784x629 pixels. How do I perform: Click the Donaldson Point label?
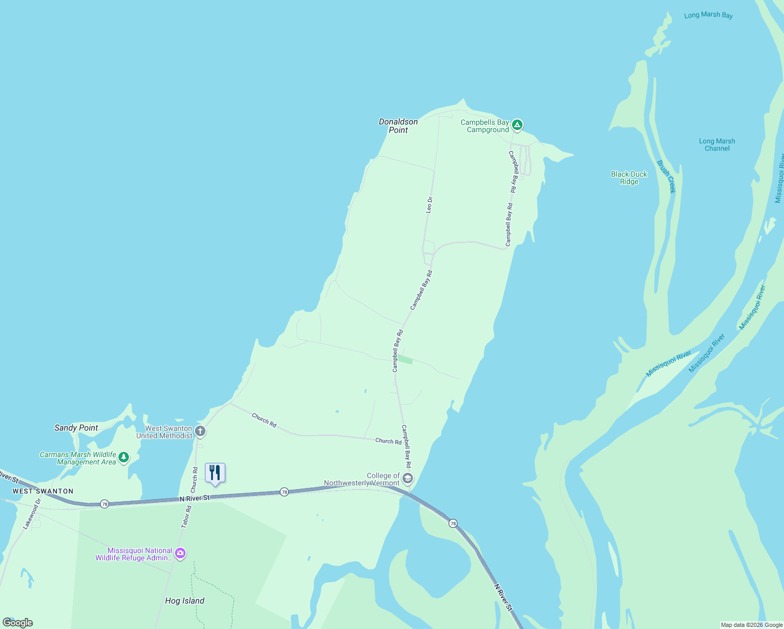398,126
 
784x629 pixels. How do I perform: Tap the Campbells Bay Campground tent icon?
517,125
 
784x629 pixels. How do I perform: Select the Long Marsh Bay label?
709,15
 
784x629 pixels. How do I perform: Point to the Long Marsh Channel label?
717,145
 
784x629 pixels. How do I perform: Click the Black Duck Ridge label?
629,178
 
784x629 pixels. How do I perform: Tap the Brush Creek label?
667,177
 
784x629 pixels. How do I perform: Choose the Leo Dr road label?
430,205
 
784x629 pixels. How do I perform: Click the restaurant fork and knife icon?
215,472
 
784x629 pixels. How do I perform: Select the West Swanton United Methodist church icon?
200,431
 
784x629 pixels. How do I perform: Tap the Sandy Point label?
76,428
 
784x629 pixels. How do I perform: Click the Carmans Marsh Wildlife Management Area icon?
124,457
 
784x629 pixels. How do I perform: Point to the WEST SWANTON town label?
43,491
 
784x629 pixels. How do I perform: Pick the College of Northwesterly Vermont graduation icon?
408,479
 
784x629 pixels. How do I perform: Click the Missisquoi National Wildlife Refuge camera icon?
180,554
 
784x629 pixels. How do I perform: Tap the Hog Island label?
184,601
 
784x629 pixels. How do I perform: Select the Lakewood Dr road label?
31,514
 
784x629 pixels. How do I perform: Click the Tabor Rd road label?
186,516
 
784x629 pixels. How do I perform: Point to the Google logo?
18,623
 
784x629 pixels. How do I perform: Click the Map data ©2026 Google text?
752,625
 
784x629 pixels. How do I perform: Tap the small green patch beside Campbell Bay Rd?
405,360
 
